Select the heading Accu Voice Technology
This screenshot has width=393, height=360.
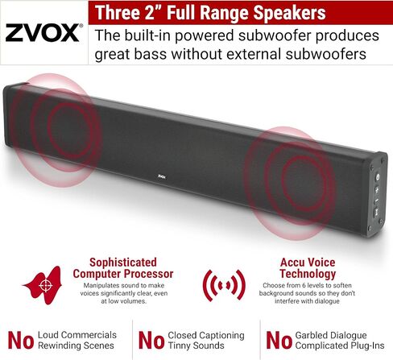pos(307,267)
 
